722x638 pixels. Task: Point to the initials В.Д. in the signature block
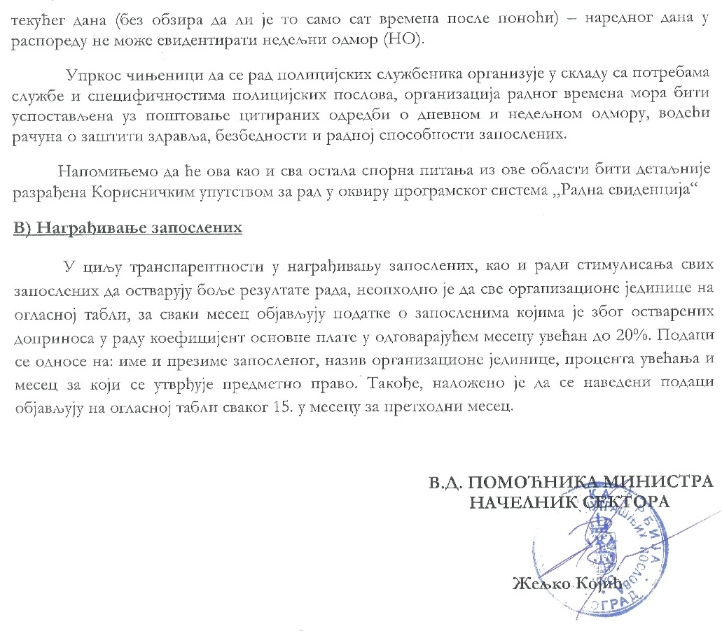[446, 483]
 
